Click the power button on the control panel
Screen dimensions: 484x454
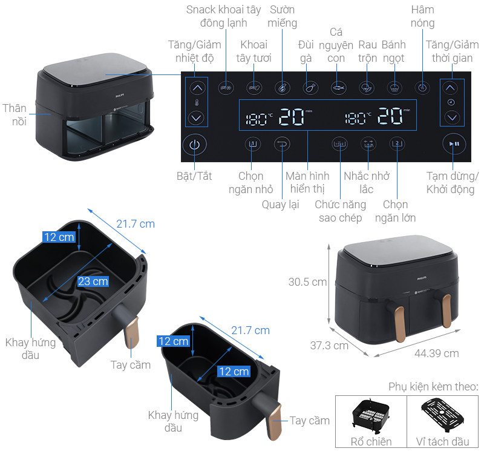point(194,145)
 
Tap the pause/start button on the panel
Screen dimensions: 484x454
point(454,144)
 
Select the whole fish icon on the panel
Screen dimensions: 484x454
point(338,88)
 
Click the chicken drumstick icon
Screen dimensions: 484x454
point(310,88)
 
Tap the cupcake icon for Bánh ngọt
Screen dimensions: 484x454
point(394,88)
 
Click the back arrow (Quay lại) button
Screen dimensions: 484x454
point(282,144)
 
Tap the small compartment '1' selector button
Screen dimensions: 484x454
point(253,144)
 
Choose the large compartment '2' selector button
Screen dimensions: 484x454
point(397,144)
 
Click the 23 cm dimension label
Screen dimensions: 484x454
point(93,281)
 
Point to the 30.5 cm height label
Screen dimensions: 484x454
point(307,282)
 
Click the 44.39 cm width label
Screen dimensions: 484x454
point(436,354)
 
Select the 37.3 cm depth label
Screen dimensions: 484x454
point(329,345)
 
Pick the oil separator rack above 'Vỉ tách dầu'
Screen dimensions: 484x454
point(443,415)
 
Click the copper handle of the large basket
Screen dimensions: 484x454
point(132,332)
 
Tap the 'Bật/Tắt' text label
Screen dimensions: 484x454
point(194,176)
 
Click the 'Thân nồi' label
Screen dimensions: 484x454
point(15,115)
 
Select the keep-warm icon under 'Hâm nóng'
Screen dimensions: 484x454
point(422,88)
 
